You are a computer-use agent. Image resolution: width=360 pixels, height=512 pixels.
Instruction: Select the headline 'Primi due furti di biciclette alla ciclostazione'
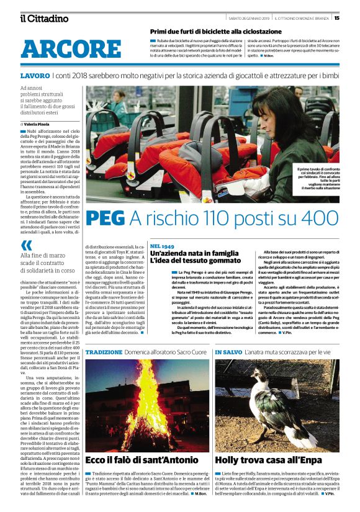point(215,31)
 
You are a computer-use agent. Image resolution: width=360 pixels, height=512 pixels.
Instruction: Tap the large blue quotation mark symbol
point(27,245)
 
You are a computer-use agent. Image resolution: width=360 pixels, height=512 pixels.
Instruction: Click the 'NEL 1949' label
point(163,246)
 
